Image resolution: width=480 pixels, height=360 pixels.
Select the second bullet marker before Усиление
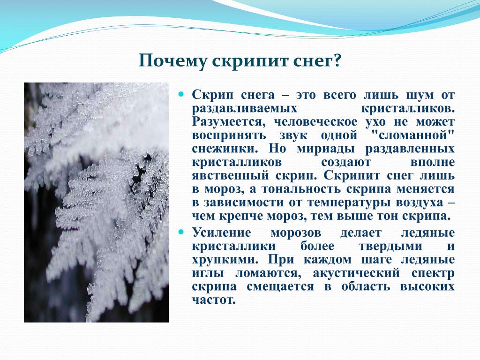click(x=181, y=232)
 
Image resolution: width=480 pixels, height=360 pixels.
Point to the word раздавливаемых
click(x=245, y=109)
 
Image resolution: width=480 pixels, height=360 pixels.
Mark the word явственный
click(x=231, y=176)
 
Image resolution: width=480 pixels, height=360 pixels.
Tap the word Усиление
click(x=222, y=233)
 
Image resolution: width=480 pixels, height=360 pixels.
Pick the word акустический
click(x=356, y=273)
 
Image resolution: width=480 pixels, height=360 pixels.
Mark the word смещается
click(x=280, y=287)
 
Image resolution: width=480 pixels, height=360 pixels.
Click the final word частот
click(x=214, y=300)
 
